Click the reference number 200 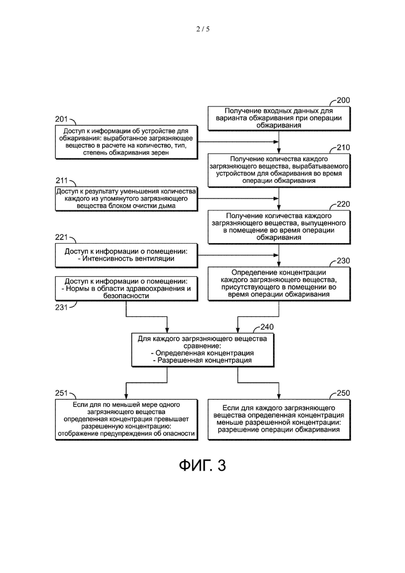(343, 100)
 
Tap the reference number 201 (61, 119)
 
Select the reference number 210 (343, 148)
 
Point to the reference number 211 (62, 181)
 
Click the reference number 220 (343, 204)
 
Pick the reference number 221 (61, 237)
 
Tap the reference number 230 (343, 261)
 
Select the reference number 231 (61, 308)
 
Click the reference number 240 (267, 327)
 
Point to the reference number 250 (343, 393)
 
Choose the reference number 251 (61, 393)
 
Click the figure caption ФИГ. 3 (203, 465)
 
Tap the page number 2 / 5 (203, 29)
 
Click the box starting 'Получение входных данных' (279, 118)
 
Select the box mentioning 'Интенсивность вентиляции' (126, 256)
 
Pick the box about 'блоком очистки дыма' (126, 199)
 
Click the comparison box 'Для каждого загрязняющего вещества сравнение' (203, 350)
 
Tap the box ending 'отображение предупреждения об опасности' (126, 420)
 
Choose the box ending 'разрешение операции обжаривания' (279, 420)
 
